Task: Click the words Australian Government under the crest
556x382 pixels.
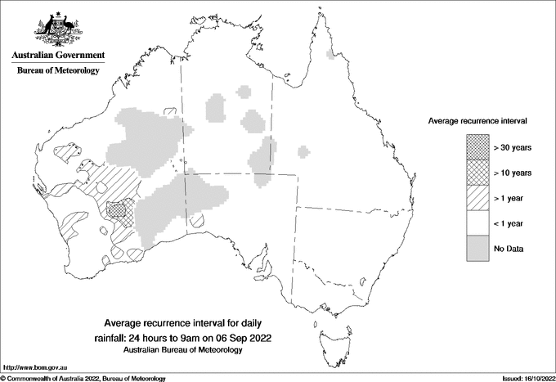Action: coord(58,56)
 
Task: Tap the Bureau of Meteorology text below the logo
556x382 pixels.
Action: coord(58,71)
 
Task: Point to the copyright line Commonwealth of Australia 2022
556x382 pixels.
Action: coord(86,378)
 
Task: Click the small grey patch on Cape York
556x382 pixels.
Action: coord(330,55)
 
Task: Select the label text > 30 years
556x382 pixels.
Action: coord(513,148)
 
